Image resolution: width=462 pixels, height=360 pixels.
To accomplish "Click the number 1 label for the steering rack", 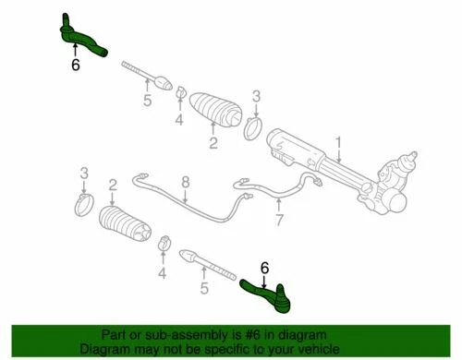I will point(339,142).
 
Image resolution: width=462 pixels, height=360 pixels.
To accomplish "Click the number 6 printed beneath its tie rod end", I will point(74,66).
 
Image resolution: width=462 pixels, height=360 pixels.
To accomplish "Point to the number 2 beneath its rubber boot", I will point(213,142).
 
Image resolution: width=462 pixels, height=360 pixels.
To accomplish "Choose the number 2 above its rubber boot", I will point(112,185).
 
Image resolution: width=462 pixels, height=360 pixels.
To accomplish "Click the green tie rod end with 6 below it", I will point(82,36).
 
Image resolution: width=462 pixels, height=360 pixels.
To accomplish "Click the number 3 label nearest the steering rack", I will point(257,95).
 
